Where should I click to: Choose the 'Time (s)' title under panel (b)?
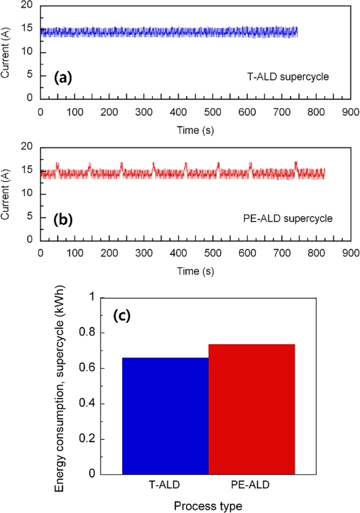195,271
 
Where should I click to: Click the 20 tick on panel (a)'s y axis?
29,6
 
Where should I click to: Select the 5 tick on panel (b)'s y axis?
32,217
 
